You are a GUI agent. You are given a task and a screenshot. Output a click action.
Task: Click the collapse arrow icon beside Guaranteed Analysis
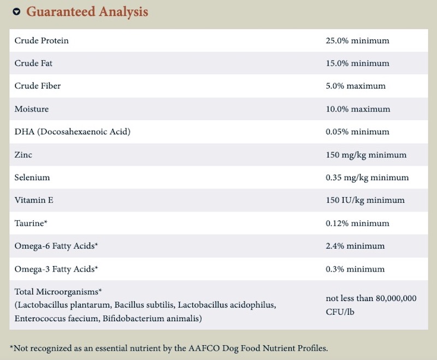pos(17,11)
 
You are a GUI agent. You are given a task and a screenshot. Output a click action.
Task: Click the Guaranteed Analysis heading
pos(87,11)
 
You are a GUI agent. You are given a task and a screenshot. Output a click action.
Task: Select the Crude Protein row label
pos(42,40)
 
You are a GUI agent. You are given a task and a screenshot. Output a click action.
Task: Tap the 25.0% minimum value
pos(358,40)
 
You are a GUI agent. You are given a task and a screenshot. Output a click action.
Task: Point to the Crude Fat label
pos(33,63)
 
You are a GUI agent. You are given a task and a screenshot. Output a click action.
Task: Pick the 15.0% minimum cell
pos(358,63)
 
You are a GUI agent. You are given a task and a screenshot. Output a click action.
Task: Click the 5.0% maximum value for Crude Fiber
pos(356,86)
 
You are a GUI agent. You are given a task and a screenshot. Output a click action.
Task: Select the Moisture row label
pos(32,109)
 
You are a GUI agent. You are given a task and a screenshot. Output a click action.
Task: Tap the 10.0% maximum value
pos(358,109)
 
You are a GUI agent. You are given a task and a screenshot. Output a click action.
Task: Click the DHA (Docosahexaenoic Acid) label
pos(73,132)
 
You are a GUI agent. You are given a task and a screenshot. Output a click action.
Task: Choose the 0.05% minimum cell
pos(358,132)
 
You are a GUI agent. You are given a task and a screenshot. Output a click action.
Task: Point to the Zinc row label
pos(23,155)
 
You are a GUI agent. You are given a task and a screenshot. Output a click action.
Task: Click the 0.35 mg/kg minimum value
pos(367,178)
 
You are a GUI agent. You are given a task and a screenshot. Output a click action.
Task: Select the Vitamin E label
pos(34,200)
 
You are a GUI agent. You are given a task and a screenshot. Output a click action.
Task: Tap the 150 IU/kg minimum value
pos(365,200)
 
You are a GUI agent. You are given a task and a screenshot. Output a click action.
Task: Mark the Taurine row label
pos(31,223)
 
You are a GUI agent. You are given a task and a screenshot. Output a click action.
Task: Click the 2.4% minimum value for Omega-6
pos(355,246)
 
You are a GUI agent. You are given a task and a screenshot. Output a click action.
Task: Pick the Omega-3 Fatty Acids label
pos(56,269)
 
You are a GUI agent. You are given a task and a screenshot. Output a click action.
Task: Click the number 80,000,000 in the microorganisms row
pos(396,298)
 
